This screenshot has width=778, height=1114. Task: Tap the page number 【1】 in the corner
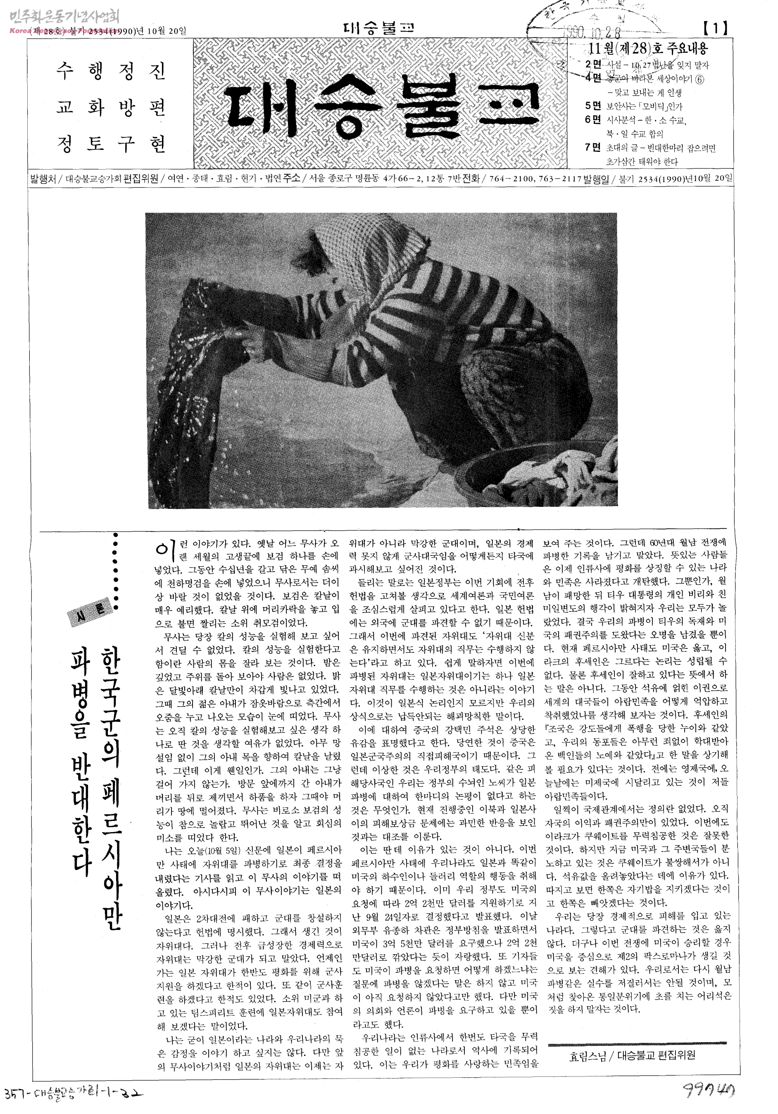click(715, 29)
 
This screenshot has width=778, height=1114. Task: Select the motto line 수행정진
click(111, 72)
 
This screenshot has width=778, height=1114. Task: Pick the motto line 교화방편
click(111, 107)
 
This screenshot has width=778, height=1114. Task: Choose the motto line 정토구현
click(111, 144)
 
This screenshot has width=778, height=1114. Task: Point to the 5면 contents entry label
click(593, 106)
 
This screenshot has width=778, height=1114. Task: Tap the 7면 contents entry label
click(593, 147)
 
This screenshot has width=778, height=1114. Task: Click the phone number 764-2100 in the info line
click(506, 179)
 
